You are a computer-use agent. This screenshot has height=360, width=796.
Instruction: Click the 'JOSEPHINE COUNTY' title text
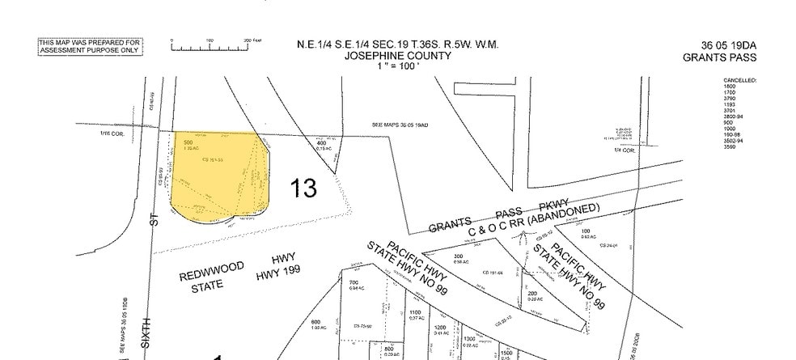[x=396, y=57]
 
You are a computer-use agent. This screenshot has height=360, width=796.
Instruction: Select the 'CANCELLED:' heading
[x=739, y=81]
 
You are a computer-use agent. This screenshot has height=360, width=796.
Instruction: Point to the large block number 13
[x=304, y=188]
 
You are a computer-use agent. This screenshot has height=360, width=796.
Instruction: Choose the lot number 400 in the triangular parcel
[x=321, y=143]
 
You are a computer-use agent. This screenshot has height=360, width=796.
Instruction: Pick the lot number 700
[x=354, y=282]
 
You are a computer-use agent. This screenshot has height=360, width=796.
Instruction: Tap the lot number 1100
[x=415, y=312]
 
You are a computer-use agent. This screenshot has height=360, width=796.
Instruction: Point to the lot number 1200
[x=441, y=327]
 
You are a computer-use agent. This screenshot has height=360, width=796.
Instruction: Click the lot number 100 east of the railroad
[x=585, y=232]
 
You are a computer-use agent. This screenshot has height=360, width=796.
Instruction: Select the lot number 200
[x=532, y=293]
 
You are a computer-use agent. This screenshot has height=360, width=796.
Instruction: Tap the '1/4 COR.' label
[x=625, y=150]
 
